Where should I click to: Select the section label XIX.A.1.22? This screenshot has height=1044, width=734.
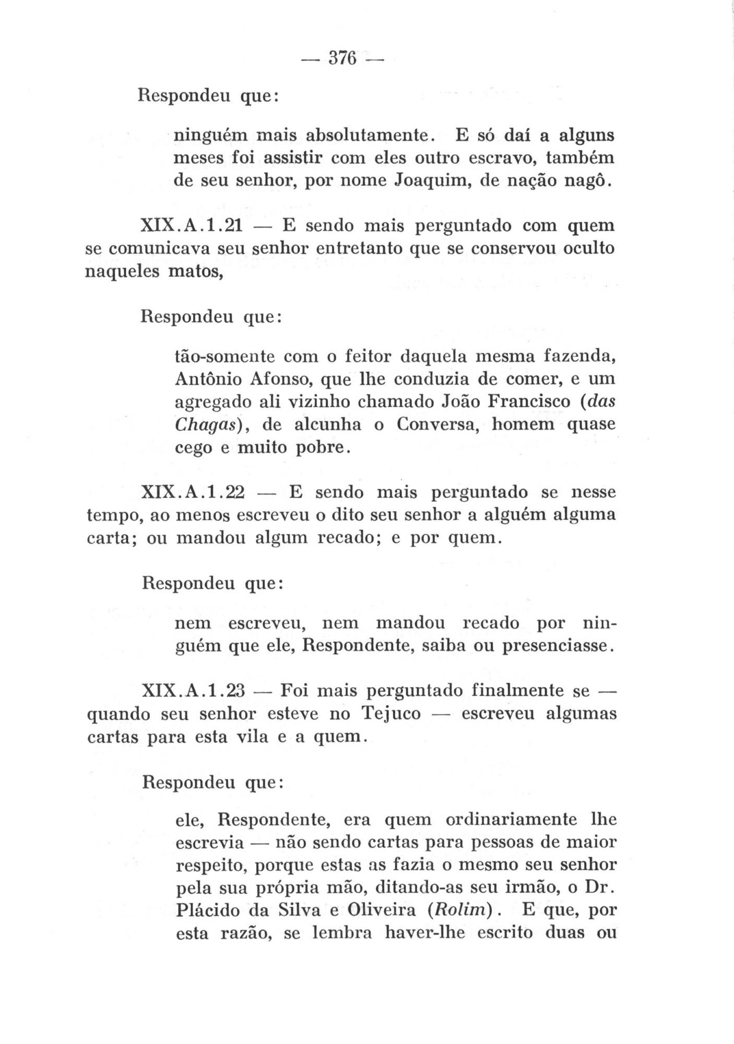(x=193, y=493)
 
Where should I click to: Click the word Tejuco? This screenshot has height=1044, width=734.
(x=391, y=714)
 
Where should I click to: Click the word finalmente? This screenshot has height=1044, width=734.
(x=517, y=691)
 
